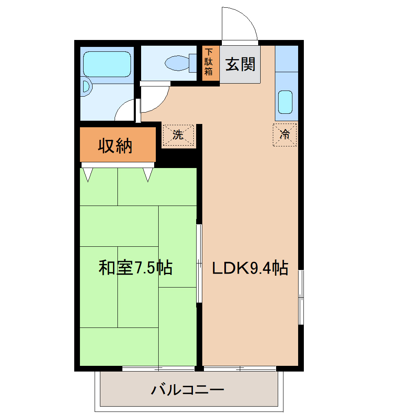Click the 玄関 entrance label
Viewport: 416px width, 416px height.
tap(240, 64)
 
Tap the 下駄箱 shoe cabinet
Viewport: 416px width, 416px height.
tap(208, 62)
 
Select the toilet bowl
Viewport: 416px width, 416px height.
tap(177, 63)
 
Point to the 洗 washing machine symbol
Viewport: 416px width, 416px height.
tap(178, 135)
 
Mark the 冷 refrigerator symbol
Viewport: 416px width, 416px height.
tap(285, 134)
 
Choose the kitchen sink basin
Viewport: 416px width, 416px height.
tap(285, 102)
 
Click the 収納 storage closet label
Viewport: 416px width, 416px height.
tap(115, 146)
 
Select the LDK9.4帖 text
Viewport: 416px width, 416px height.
tap(250, 268)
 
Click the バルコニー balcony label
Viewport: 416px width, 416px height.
tap(187, 390)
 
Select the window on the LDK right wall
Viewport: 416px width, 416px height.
tap(301, 297)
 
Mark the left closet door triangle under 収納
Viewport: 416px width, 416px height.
tap(88, 175)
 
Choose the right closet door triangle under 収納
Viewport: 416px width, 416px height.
tap(148, 175)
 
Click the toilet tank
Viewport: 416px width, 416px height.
tap(194, 63)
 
